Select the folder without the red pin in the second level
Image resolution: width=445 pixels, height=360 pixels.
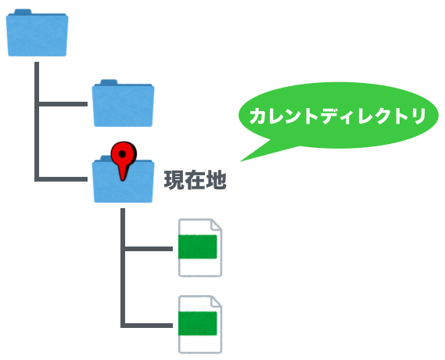point(123,103)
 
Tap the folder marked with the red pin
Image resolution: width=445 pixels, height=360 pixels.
point(123,179)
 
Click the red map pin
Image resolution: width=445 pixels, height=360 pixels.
point(124,160)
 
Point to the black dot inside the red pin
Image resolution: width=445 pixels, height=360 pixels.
point(122,154)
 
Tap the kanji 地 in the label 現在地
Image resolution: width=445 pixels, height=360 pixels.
point(217,180)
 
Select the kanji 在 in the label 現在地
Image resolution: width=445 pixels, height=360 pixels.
point(196,180)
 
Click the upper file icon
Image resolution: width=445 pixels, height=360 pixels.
point(200,247)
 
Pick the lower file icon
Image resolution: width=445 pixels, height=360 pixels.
point(200,324)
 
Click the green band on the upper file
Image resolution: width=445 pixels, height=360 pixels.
point(198,247)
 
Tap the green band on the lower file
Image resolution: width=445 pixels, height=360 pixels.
point(198,323)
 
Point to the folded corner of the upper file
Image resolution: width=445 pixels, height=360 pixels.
point(217,225)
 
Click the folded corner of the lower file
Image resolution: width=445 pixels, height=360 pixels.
point(217,301)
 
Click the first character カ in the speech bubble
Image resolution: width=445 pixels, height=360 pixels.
point(260,116)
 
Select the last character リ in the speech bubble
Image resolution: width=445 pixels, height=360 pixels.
point(418,116)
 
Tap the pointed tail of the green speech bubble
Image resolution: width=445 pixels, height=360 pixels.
point(241,161)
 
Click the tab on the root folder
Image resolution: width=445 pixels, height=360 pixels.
point(23,12)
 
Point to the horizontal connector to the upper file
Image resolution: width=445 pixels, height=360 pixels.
point(149,249)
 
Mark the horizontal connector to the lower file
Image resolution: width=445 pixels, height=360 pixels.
point(149,326)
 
